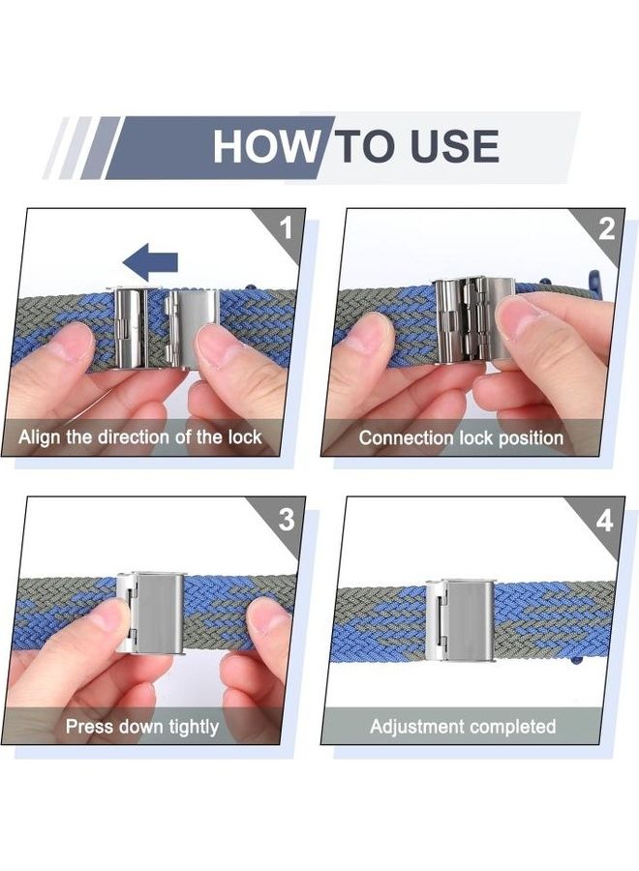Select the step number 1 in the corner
286,228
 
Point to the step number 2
607,228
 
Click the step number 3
287,520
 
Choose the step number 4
604,521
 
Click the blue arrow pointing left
150,261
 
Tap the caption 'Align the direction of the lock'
140,436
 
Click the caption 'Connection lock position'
461,437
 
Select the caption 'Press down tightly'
142,726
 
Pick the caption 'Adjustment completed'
463,726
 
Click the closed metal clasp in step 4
460,619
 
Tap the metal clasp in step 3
150,612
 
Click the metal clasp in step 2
473,319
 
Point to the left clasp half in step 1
129,328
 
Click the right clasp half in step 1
192,328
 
